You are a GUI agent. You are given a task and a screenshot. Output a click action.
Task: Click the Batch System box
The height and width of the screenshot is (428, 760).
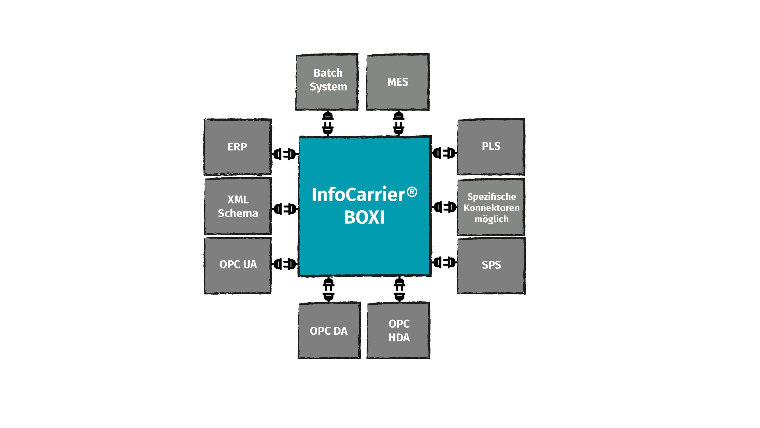pyautogui.click(x=327, y=82)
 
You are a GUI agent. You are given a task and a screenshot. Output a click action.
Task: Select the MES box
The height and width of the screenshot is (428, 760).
pyautogui.click(x=398, y=82)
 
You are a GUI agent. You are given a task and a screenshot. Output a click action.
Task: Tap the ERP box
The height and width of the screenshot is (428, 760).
pyautogui.click(x=237, y=147)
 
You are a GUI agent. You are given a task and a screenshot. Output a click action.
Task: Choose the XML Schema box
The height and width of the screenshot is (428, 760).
pyautogui.click(x=238, y=206)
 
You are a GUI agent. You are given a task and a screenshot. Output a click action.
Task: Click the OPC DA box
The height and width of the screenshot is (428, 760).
pyautogui.click(x=329, y=331)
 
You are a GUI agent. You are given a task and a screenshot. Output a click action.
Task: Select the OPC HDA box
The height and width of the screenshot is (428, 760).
pyautogui.click(x=399, y=331)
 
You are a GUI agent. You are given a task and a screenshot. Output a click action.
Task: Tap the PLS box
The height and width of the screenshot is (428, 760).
pyautogui.click(x=491, y=147)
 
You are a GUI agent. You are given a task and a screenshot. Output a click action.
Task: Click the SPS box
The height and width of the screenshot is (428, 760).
pyautogui.click(x=491, y=265)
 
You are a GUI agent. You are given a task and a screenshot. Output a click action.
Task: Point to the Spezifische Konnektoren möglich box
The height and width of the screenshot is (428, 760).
pyautogui.click(x=491, y=207)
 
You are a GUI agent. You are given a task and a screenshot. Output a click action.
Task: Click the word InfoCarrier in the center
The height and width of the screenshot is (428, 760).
pyautogui.click(x=358, y=195)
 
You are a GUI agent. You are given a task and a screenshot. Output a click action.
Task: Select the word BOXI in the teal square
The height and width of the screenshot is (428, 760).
pyautogui.click(x=364, y=217)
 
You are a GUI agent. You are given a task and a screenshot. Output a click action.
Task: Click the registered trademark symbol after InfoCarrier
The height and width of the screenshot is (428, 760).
pyautogui.click(x=412, y=192)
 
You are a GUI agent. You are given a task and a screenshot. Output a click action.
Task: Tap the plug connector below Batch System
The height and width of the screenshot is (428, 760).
pyautogui.click(x=328, y=123)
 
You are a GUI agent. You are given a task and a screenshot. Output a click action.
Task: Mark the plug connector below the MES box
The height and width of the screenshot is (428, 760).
pyautogui.click(x=398, y=123)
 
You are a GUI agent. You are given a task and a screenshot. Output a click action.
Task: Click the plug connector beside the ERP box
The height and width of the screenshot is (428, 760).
pyautogui.click(x=285, y=154)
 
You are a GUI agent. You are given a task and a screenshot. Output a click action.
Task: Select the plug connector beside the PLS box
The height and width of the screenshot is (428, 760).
pyautogui.click(x=444, y=153)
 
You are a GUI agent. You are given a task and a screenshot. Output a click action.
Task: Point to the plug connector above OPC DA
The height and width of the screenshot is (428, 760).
pyautogui.click(x=329, y=289)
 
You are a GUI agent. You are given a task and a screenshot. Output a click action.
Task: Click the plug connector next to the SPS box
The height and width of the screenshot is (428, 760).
pyautogui.click(x=444, y=262)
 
